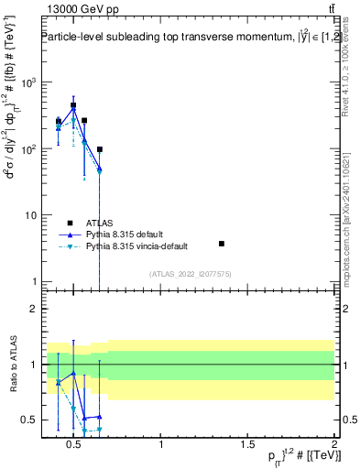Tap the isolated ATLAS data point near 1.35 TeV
point(222,244)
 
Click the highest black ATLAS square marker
point(73,105)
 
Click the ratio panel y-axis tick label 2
point(30,309)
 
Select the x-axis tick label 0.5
point(75,444)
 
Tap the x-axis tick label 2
point(333,444)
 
